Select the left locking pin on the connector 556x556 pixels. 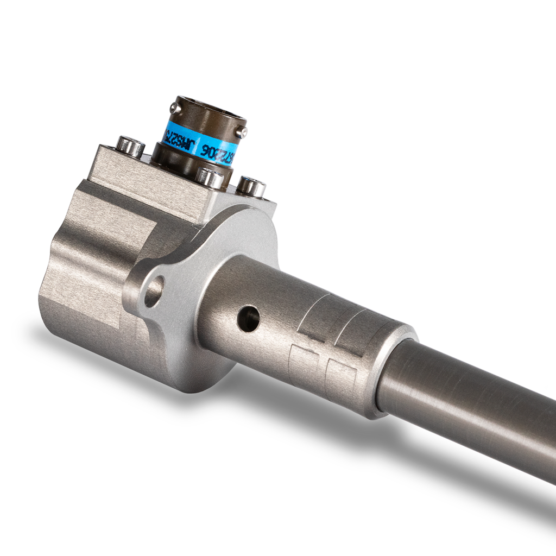tap(173, 109)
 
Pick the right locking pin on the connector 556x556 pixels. tap(244, 131)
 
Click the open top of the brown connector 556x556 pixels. tap(212, 109)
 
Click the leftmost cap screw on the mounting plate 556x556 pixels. tap(130, 147)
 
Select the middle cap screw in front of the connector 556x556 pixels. tap(210, 178)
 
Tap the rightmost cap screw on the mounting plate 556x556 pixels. tap(251, 187)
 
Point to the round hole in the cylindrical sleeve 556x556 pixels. tap(249, 318)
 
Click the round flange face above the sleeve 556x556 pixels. tap(239, 233)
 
